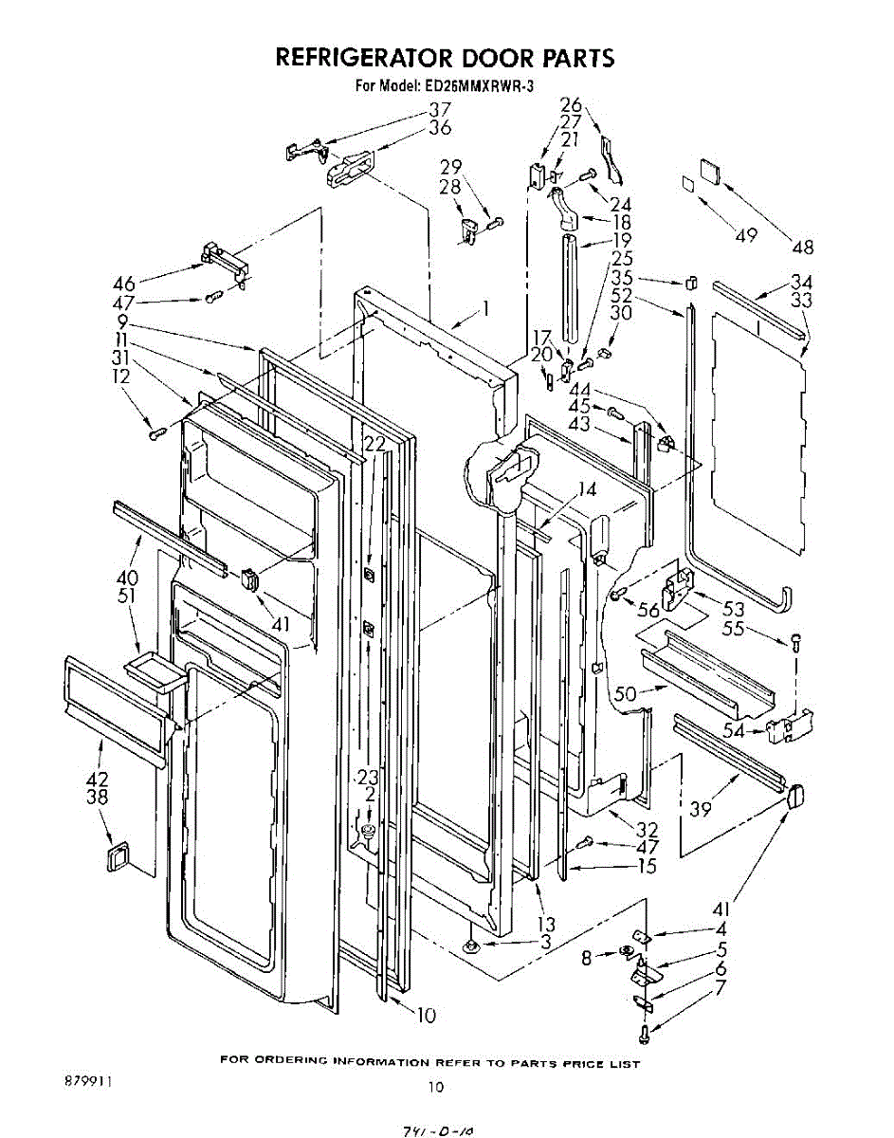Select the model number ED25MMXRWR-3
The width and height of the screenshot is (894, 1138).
(x=486, y=86)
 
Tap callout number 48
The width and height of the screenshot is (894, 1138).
(x=803, y=248)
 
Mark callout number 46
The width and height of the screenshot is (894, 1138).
(x=124, y=283)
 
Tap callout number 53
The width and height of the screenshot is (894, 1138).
(x=733, y=610)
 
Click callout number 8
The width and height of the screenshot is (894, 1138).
(x=588, y=959)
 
